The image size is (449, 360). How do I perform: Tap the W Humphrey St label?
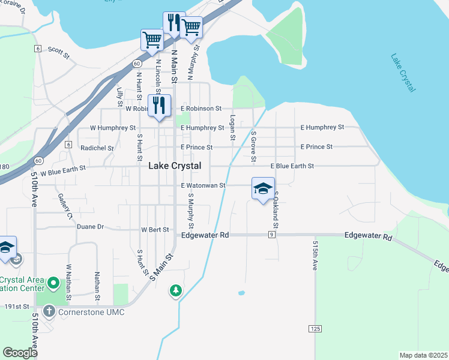point(112,128)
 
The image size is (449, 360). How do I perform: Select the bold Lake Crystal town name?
point(175,166)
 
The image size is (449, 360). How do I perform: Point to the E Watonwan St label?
point(203,186)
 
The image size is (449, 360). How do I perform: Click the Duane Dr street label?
point(91,227)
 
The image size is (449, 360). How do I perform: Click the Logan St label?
point(232,128)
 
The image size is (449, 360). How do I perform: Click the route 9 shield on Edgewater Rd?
point(272,235)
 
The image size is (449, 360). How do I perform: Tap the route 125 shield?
point(316,329)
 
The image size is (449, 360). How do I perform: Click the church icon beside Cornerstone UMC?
point(48,311)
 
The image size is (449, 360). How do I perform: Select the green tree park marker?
point(175,290)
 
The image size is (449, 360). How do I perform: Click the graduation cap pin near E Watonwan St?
point(263,189)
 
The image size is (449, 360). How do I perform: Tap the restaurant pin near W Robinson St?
point(159,106)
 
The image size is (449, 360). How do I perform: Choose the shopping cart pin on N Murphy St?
point(191,26)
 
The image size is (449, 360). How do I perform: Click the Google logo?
point(20,353)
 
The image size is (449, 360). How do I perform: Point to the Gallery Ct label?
point(65,206)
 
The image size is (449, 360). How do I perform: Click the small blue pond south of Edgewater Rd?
point(241,293)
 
